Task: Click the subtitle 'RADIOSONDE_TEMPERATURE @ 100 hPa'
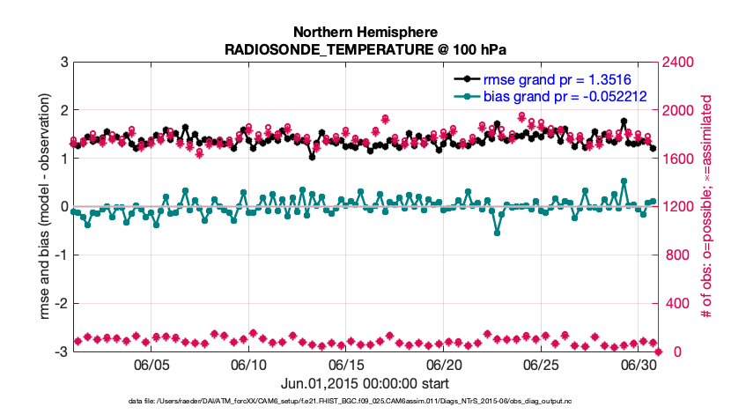pos(365,49)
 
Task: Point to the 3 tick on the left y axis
pos(63,63)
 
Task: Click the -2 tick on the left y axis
pos(61,304)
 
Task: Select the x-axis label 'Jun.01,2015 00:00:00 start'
pos(365,383)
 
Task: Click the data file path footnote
pos(365,402)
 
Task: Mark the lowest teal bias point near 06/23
pos(498,233)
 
